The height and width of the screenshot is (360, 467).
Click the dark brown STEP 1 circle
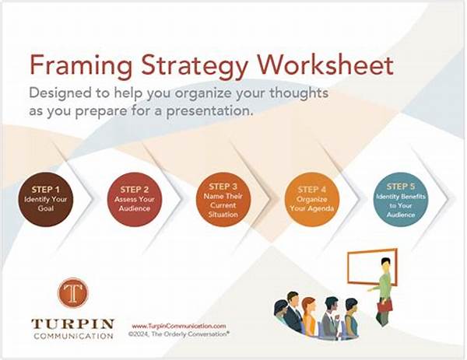44,199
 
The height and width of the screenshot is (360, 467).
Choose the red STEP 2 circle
134,199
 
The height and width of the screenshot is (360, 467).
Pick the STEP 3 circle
223,197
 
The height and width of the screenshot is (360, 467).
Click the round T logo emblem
72,293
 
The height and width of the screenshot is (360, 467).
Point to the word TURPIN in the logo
72,323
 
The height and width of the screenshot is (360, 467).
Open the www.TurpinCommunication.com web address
178,326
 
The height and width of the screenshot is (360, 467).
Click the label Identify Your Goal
44,204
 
